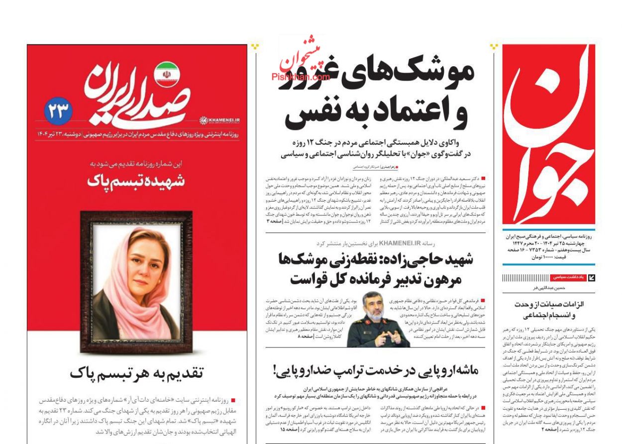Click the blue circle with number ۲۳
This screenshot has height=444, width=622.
click(59, 111)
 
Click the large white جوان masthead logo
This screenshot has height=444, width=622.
click(547, 134)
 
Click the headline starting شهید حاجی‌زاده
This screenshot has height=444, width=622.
click(376, 260)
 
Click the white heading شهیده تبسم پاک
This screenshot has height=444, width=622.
click(136, 181)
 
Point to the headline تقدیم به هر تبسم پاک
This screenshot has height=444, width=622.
click(136, 373)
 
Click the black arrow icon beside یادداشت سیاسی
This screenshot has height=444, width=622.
click(592, 278)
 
